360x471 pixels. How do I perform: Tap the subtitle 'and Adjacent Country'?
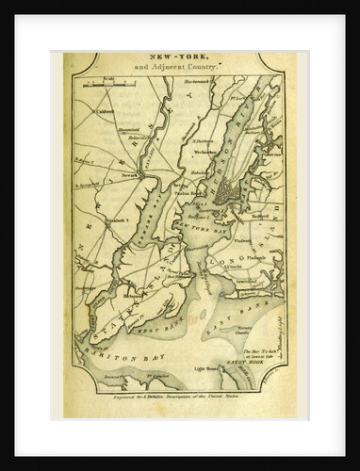179,70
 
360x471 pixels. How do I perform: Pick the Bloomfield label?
127,130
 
